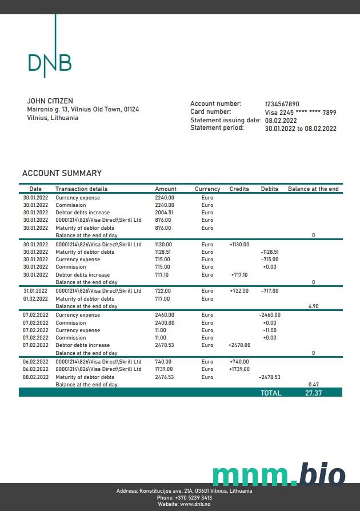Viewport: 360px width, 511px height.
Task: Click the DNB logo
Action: coord(50,62)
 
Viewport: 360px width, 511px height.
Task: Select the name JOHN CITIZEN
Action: coord(50,101)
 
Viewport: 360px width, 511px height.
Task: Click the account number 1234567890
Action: coord(282,104)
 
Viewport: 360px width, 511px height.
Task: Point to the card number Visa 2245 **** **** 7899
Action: coord(301,113)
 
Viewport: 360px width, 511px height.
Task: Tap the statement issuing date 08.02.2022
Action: coord(281,121)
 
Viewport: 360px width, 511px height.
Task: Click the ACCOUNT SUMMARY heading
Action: coord(62,173)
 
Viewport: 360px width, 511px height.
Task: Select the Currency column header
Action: coord(207,189)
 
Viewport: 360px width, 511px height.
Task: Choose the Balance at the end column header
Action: coord(313,189)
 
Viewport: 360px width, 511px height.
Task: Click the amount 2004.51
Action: coord(164,213)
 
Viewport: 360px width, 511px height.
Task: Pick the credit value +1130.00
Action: coord(239,245)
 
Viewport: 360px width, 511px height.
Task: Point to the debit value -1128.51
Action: coord(269,252)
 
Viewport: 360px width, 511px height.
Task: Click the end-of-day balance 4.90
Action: coord(313,306)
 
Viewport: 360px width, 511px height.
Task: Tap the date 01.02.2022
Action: coord(35,299)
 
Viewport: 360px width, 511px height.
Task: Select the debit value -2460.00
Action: coord(269,315)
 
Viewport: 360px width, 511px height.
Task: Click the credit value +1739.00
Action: coord(239,369)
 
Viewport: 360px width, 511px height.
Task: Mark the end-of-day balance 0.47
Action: coord(313,385)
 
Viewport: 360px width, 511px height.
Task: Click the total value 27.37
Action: coord(314,393)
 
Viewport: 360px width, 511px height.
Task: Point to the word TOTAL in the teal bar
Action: coord(271,393)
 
